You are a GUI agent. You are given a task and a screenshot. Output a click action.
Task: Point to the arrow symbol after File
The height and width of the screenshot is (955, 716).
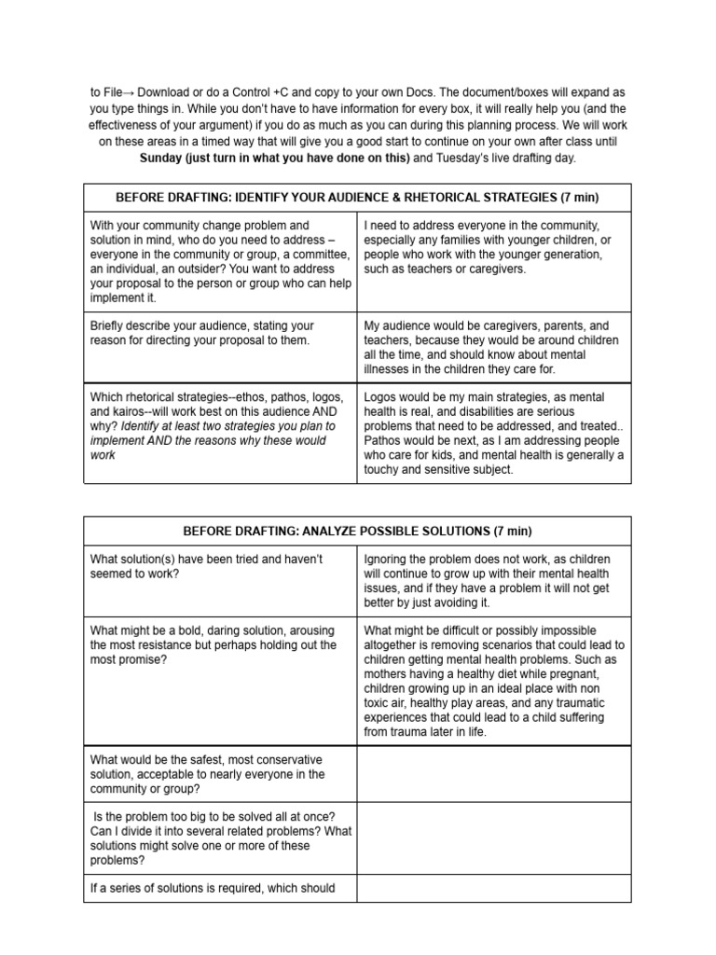131,93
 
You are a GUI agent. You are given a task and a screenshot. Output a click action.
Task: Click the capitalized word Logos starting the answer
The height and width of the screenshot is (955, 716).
381,396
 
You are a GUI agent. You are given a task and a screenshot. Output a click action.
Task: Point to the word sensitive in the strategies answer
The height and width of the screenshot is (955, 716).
447,470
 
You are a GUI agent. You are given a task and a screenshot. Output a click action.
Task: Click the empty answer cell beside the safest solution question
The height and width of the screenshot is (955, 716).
494,774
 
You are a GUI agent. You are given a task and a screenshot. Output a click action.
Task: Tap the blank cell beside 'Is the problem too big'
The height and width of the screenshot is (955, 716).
494,839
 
